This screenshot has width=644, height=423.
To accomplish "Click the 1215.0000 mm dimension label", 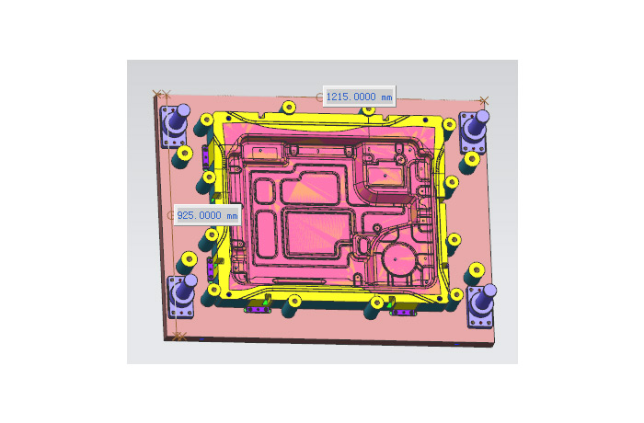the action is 359,97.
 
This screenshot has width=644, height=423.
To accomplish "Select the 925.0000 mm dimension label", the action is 207,215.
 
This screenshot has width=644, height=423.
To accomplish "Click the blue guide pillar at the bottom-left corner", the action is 182,295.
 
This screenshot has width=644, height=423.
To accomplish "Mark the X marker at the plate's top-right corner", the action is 484,100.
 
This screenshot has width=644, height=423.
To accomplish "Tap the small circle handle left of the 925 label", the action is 171,215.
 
